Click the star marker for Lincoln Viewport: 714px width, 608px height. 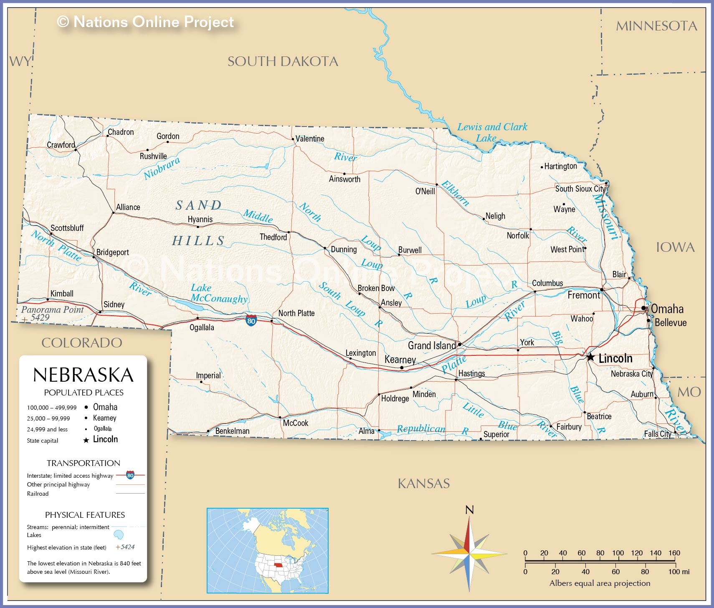[590, 357]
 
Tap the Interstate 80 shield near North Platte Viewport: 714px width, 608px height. [251, 321]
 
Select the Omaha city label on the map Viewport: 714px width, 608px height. [667, 309]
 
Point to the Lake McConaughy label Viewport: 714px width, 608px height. [219, 293]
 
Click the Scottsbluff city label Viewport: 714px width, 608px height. [67, 228]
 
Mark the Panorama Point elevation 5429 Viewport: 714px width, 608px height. [40, 317]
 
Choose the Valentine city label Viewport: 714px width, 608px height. [309, 139]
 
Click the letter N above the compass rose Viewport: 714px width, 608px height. [469, 510]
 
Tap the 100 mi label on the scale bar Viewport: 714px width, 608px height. [679, 572]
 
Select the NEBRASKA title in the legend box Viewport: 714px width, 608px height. [83, 375]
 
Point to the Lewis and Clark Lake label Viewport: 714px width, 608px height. [492, 132]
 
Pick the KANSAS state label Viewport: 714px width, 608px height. [423, 484]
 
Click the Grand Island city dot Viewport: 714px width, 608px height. [460, 345]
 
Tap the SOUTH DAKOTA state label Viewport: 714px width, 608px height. [283, 61]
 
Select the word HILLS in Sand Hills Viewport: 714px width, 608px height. [199, 241]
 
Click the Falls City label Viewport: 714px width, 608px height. [657, 434]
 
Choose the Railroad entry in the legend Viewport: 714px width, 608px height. [38, 494]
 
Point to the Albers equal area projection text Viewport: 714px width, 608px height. [600, 583]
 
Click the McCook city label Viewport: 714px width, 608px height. [295, 423]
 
